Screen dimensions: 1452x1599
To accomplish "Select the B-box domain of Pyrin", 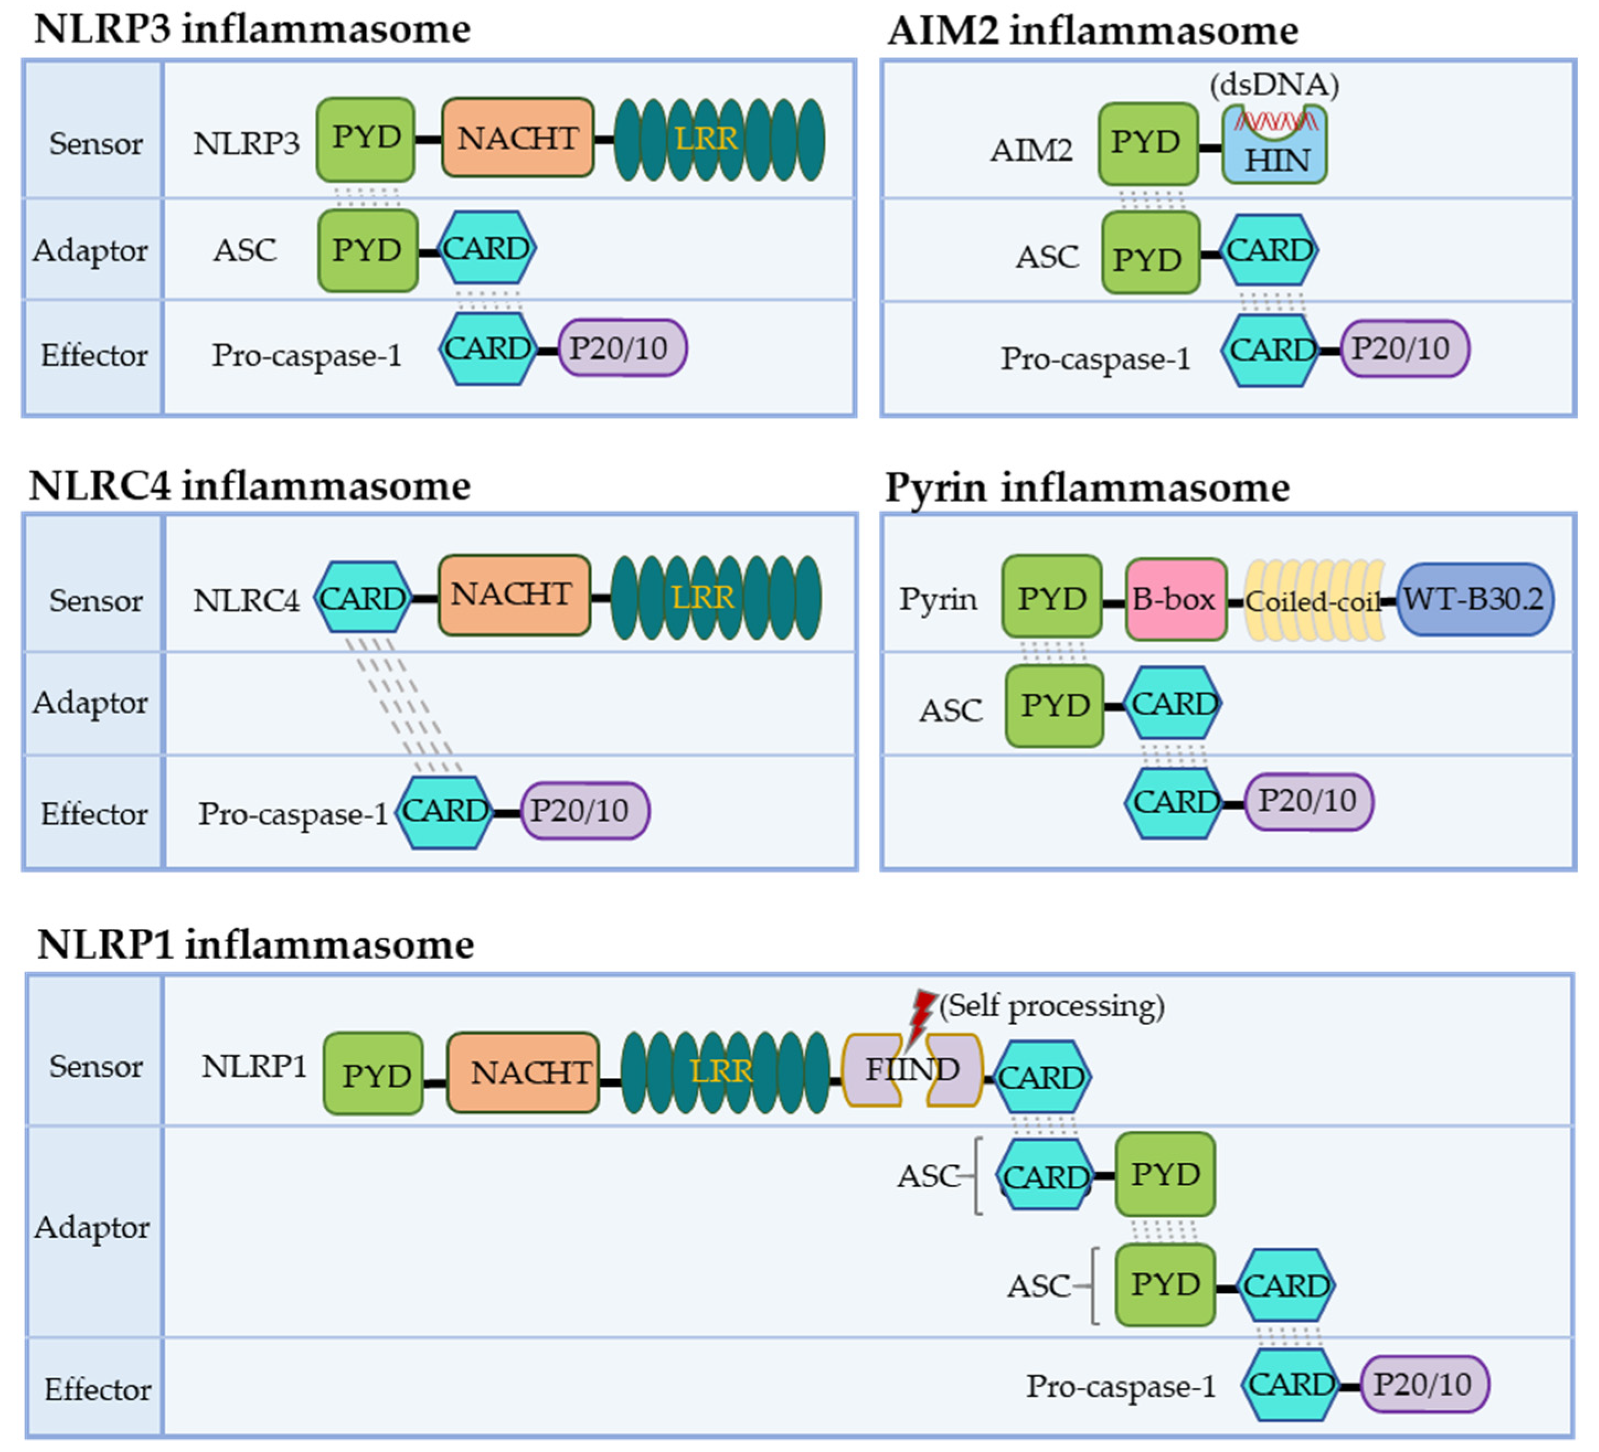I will pos(1175,600).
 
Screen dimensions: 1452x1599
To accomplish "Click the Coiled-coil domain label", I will pos(1313,602).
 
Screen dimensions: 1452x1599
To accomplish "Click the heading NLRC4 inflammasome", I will pos(250,485).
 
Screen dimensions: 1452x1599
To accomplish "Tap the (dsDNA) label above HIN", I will pos(1274,84).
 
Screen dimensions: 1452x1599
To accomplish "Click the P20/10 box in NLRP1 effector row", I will pos(1424,1385).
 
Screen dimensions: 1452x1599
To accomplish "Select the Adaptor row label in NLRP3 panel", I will pos(90,250).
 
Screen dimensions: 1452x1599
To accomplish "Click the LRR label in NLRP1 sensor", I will pos(721,1071).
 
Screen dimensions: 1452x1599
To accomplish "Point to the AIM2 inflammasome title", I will pos(1092,31).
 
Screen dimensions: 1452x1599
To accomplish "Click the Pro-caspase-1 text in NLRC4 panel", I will pos(292,814).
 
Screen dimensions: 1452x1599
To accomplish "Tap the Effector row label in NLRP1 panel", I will pos(97,1389).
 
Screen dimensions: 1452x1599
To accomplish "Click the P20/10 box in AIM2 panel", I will pos(1404,349).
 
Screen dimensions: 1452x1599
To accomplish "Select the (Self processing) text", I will pos(1052,1006).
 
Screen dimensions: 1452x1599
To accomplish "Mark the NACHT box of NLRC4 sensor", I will pos(513,595).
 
